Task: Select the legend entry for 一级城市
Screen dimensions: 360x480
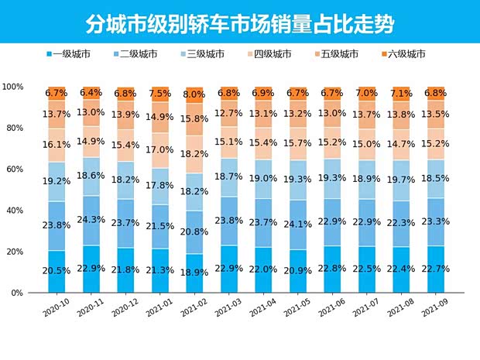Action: pyautogui.click(x=69, y=54)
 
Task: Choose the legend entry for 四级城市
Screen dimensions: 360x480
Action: pyautogui.click(x=269, y=54)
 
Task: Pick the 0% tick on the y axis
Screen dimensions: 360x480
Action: pyautogui.click(x=17, y=293)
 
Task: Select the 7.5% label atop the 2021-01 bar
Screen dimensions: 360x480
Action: pyautogui.click(x=160, y=94)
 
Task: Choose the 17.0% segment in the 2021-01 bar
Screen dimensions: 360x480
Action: pyautogui.click(x=160, y=149)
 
